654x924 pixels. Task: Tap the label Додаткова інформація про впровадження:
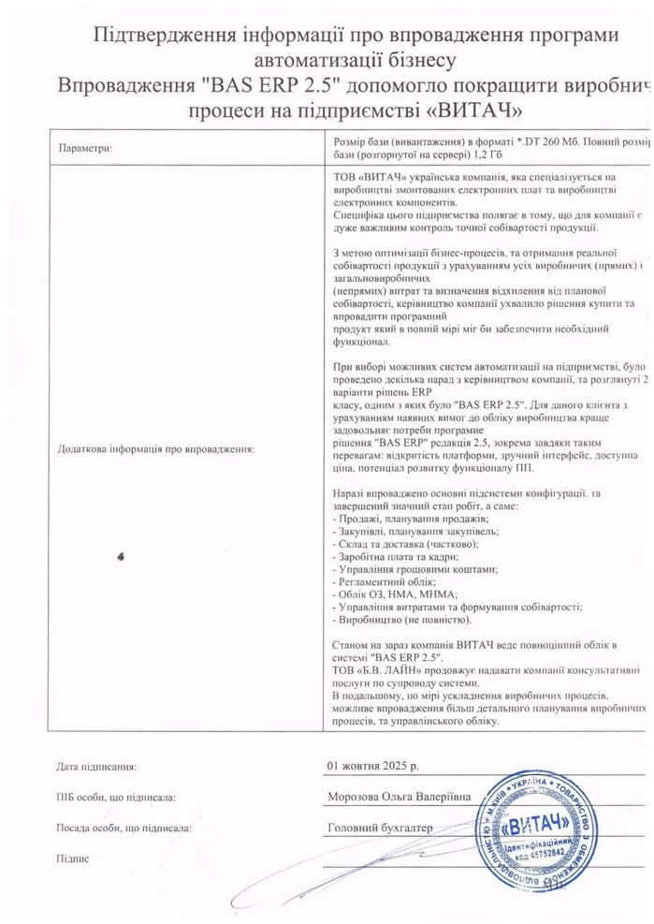pyautogui.click(x=156, y=448)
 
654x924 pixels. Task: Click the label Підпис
pyautogui.click(x=71, y=858)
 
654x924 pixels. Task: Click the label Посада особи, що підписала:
pyautogui.click(x=123, y=829)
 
